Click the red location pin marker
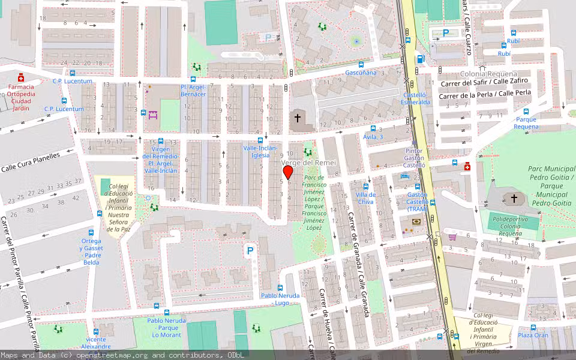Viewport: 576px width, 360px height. coord(288,172)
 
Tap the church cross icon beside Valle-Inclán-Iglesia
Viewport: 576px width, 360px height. coord(298,119)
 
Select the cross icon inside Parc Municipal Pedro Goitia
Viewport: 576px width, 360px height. coord(514,198)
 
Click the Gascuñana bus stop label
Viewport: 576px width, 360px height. coord(361,73)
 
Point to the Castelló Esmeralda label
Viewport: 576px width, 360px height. coord(416,98)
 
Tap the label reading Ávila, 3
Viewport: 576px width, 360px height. coord(373,137)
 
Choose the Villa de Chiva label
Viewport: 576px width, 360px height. coord(365,198)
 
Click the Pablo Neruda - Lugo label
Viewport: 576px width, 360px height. coord(279,299)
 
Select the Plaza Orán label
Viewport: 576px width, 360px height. coord(533,335)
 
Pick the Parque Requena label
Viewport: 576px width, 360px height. coord(526,123)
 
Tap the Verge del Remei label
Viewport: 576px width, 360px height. coord(308,163)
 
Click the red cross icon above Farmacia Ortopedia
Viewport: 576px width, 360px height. coord(21,77)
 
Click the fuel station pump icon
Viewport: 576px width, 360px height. coord(421,59)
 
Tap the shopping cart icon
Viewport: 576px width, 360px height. coord(452,236)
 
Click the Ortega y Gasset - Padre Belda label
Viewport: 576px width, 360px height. coord(92,251)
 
